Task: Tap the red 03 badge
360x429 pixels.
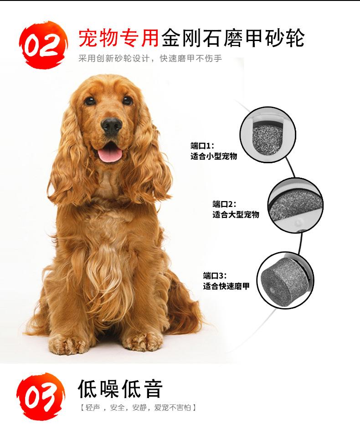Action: [x=41, y=396]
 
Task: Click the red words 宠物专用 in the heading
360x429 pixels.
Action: [x=119, y=38]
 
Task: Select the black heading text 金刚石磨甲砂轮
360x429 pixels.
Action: [x=233, y=38]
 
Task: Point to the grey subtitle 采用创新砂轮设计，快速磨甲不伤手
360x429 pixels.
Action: [x=150, y=58]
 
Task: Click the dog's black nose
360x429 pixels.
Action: [x=111, y=125]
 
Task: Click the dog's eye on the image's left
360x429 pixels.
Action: [x=90, y=100]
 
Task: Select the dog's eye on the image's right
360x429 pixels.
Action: [x=127, y=100]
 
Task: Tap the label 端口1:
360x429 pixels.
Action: [x=202, y=145]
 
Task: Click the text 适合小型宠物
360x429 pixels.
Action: [x=214, y=156]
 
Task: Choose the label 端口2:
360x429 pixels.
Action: [x=224, y=204]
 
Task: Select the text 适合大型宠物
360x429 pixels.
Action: [x=236, y=214]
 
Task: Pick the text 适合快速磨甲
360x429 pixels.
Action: [x=226, y=286]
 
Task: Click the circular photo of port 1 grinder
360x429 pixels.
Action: [x=268, y=134]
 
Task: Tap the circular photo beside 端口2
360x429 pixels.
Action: [x=295, y=205]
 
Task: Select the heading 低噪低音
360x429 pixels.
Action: [x=120, y=388]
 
